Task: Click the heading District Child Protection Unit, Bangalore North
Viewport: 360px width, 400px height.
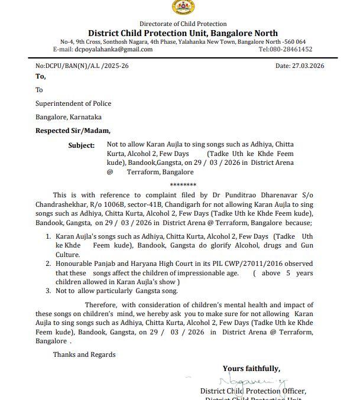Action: pos(183,33)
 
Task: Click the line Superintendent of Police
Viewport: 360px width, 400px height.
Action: pos(73,103)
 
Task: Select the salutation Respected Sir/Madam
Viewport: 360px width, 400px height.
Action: pos(73,131)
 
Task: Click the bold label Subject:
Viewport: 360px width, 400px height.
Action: pos(82,145)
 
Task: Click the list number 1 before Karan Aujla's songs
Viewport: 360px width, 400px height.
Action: pos(48,236)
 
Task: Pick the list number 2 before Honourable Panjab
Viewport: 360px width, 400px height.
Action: pos(48,264)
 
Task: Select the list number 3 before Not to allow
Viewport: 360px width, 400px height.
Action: pos(48,291)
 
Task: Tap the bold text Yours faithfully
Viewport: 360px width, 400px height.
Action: pos(251,369)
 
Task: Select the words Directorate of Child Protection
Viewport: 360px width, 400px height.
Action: pos(183,24)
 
